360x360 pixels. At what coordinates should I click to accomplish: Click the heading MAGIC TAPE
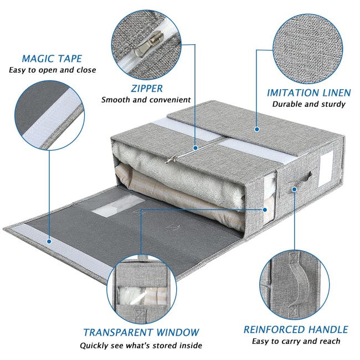coord(52,59)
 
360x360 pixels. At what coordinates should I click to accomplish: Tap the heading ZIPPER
coord(147,89)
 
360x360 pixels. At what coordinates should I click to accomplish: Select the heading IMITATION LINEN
coord(309,92)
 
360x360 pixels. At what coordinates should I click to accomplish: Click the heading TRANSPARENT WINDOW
coord(141,332)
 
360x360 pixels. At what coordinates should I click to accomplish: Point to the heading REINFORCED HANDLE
coord(296,330)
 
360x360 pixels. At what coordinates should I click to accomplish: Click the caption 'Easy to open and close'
coord(53,70)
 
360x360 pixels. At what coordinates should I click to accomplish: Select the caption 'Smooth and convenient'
coord(146,100)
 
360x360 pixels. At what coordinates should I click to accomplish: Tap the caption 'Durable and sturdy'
coord(309,104)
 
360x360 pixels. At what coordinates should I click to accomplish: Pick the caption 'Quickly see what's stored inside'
coord(141,345)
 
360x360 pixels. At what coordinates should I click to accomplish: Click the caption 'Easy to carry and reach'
coord(296,341)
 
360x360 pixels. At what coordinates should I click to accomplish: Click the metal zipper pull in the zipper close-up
coord(149,44)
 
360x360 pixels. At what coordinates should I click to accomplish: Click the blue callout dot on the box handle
coord(294,189)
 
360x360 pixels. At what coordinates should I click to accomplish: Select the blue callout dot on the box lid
coord(257,129)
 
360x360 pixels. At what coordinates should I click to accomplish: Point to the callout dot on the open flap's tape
coord(49,241)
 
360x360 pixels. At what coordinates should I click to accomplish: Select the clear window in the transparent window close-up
coord(142,296)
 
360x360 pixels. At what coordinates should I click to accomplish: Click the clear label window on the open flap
coord(119,205)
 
